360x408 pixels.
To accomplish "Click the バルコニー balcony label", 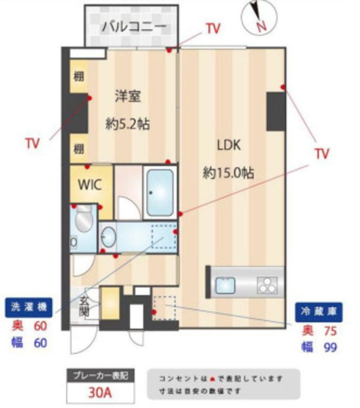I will [133, 27].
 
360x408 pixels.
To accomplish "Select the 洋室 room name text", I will [128, 97].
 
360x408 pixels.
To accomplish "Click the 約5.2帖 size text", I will [127, 124].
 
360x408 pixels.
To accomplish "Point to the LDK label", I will [229, 145].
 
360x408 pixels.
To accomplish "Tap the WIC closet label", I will [90, 185].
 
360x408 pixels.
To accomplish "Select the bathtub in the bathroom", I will [160, 192].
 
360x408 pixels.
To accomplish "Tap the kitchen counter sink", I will [225, 286].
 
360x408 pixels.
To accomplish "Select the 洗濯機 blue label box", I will [29, 307].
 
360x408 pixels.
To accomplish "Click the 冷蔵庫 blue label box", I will [319, 312].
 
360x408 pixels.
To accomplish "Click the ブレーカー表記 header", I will [100, 375].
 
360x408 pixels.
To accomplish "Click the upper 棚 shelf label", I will [78, 76].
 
